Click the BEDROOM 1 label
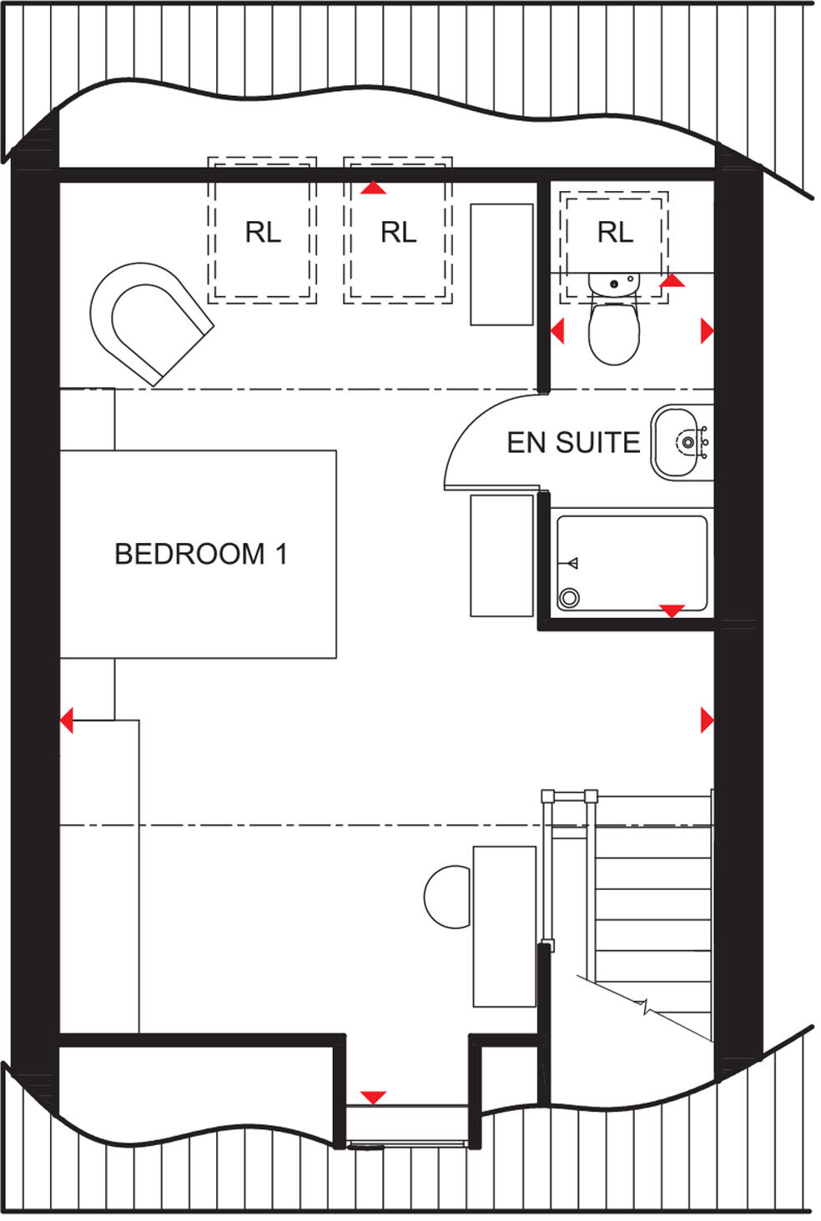click(x=200, y=554)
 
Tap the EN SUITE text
click(x=573, y=442)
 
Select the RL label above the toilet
click(x=615, y=232)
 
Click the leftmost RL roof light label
click(x=263, y=232)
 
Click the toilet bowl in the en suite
click(x=613, y=332)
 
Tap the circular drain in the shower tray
click(x=570, y=597)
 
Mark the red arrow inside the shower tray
click(x=672, y=611)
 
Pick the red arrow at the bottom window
click(x=373, y=1098)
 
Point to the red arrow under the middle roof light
click(x=373, y=188)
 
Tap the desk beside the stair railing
click(x=504, y=926)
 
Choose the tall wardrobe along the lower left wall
click(x=98, y=876)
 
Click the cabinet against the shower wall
click(x=501, y=555)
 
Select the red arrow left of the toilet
click(x=557, y=331)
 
